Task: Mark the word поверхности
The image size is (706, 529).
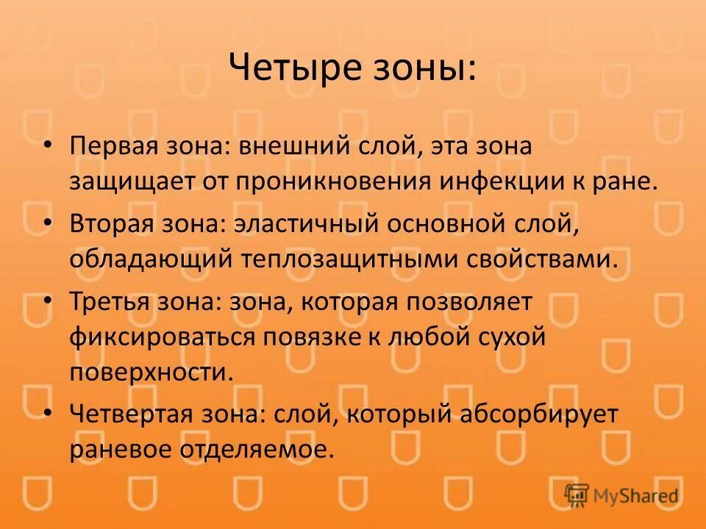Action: [151, 371]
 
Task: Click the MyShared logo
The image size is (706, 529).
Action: [622, 496]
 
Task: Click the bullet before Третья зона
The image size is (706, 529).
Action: [48, 301]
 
